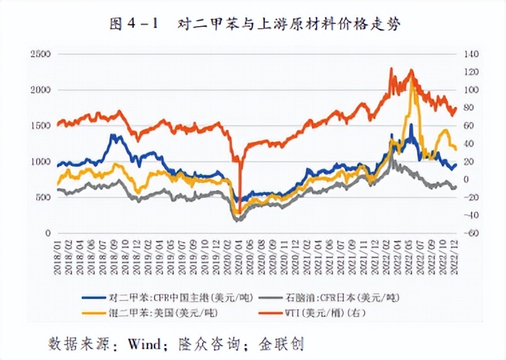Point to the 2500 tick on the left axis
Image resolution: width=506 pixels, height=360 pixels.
tap(41, 54)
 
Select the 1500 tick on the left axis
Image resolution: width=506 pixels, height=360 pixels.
tap(41, 126)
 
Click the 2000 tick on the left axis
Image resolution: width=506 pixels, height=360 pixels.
tap(41, 90)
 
